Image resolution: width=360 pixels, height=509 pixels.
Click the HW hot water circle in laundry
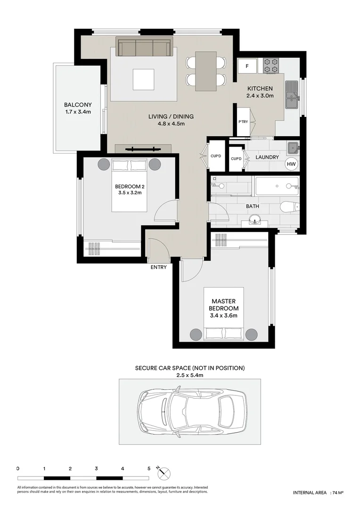click(292, 164)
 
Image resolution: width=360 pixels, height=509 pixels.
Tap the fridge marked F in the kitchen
click(247, 66)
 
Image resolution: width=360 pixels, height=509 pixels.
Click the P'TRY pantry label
click(243, 122)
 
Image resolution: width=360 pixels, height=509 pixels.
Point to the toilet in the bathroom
click(289, 206)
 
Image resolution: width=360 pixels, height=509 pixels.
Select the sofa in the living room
click(145, 48)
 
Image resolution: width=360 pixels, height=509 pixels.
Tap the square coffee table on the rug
click(143, 79)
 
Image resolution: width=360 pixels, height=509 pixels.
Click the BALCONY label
click(78, 105)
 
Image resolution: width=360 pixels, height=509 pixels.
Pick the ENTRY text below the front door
click(158, 267)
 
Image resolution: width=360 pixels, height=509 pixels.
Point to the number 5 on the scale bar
click(149, 468)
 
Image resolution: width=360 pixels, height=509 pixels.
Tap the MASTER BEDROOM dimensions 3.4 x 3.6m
click(224, 316)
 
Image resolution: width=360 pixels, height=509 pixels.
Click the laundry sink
click(294, 148)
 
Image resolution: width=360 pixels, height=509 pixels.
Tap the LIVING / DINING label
click(171, 116)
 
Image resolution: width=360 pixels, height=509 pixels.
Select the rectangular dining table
click(206, 71)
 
